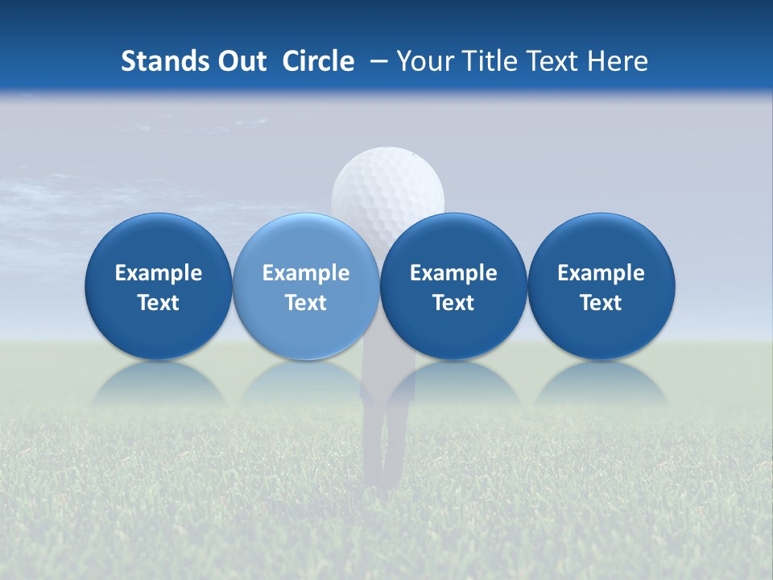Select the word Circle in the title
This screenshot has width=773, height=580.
[318, 61]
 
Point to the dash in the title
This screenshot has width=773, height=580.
[376, 62]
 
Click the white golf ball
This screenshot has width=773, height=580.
[387, 181]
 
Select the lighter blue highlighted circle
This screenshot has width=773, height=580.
[306, 286]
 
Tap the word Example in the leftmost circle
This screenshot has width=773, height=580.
[159, 273]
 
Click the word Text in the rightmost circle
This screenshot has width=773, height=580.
[601, 303]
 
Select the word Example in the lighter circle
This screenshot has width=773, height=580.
[306, 273]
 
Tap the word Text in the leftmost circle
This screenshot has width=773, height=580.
[159, 303]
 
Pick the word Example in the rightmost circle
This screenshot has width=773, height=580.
[601, 273]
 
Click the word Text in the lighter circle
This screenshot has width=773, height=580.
[306, 303]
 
